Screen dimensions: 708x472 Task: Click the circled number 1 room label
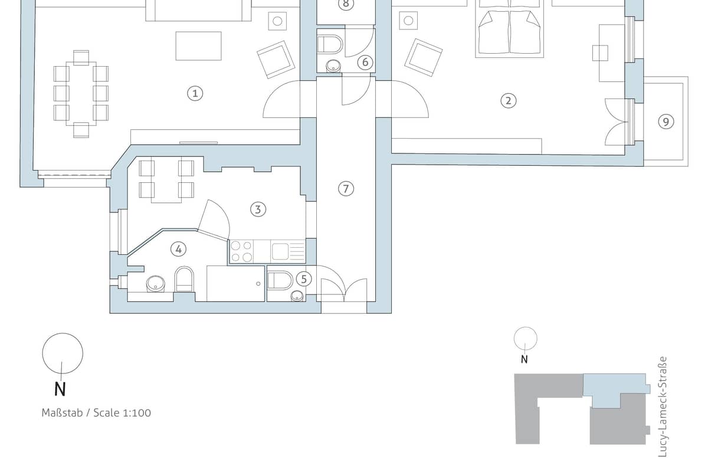click(195, 94)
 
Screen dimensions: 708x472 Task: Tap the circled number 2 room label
click(508, 101)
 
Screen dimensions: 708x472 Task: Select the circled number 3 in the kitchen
click(258, 209)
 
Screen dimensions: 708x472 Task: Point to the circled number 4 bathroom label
click(178, 249)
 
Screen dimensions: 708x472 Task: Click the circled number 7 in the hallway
click(346, 188)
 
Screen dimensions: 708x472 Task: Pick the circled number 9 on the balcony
click(666, 122)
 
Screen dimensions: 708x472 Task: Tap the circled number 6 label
click(365, 63)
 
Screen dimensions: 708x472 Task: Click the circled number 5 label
click(304, 279)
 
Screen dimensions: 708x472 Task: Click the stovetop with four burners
click(241, 251)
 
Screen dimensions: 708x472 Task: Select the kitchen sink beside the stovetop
click(288, 251)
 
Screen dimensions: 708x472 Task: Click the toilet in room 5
click(280, 280)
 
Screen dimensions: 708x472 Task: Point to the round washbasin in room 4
click(156, 284)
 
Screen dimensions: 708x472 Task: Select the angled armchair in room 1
click(276, 60)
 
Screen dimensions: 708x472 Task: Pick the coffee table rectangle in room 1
click(198, 46)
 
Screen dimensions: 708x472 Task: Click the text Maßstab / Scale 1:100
click(96, 413)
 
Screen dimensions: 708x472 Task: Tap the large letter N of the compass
click(60, 389)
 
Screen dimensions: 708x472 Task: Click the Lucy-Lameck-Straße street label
click(662, 407)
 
